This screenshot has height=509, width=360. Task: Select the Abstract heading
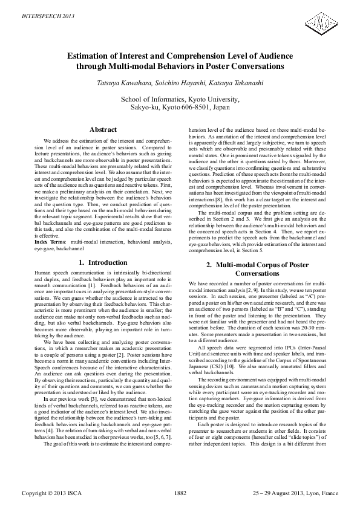[x=103, y=129]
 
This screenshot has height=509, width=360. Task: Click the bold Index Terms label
[x=48, y=259]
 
